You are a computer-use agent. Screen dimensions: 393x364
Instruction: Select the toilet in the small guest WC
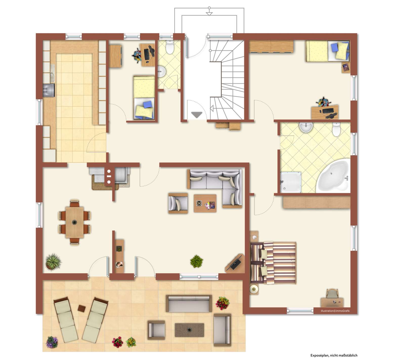(169, 47)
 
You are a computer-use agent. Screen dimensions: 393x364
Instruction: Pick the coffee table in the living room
(205, 203)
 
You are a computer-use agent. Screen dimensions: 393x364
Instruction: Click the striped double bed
(273, 263)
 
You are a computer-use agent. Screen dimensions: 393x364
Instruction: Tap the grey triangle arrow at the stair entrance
(197, 115)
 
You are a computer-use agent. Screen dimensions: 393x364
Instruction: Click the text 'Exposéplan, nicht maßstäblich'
(334, 355)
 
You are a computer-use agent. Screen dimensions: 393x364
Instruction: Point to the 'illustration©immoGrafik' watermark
(335, 311)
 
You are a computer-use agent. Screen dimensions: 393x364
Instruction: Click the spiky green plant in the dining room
(53, 262)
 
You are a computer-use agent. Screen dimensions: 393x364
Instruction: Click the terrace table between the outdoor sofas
(189, 330)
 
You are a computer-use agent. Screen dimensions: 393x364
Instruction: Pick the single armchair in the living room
(178, 203)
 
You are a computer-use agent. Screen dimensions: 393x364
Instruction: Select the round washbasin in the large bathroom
(306, 127)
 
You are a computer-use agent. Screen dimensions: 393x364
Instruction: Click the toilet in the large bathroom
(337, 129)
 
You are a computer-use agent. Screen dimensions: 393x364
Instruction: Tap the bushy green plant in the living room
(196, 261)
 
